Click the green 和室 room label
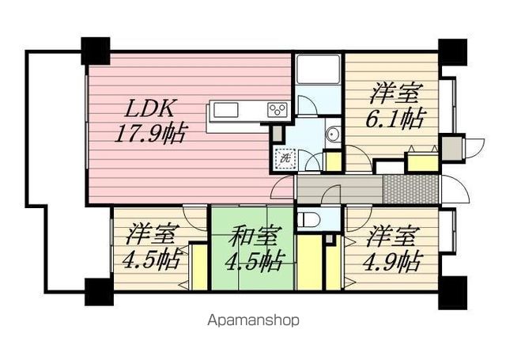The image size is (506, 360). pos(250,235)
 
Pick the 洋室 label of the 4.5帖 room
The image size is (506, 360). pos(152,235)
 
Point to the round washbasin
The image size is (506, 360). pos(332,135)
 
